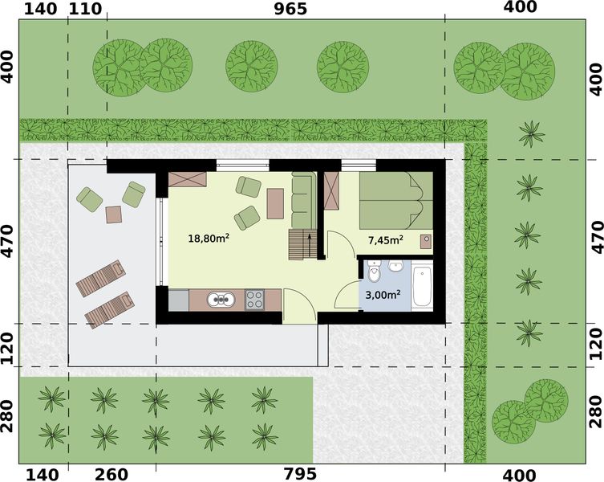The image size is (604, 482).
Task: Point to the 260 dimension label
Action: click(111, 473)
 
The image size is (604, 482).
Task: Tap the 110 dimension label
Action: click(87, 10)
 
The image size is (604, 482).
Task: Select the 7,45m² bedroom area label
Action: click(385, 239)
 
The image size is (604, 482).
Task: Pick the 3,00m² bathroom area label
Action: click(383, 295)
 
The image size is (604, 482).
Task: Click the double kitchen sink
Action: click(220, 300)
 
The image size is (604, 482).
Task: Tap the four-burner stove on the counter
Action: click(256, 300)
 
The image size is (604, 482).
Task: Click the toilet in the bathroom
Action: click(374, 273)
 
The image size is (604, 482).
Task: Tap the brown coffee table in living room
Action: click(275, 203)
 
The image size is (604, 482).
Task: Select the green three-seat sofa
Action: click(302, 199)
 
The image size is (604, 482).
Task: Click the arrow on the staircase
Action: click(310, 243)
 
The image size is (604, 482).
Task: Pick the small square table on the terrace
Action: click(113, 214)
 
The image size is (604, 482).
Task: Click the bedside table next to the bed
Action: click(425, 239)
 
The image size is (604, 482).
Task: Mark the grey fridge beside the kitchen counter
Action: click(178, 300)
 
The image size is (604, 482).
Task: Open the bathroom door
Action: click(349, 293)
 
